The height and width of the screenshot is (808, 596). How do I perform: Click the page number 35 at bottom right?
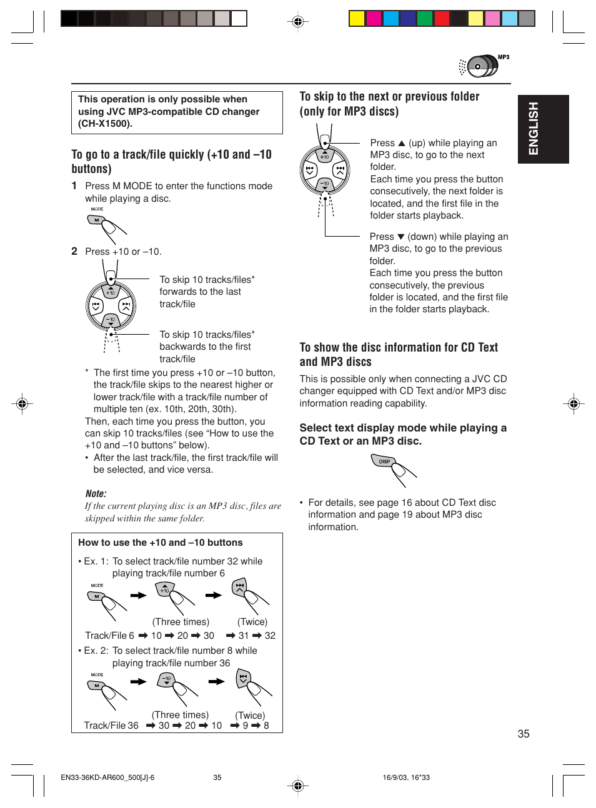[524, 734]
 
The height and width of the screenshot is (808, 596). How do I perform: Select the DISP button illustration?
[384, 461]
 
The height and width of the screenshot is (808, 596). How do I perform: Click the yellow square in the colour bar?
[357, 18]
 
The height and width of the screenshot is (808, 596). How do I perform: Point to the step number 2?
[74, 251]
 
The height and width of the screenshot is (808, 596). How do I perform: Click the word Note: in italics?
[96, 493]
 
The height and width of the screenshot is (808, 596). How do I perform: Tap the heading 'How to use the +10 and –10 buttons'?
[160, 543]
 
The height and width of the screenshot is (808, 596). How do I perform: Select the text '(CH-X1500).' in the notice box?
[105, 124]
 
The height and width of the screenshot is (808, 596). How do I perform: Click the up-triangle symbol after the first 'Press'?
[402, 143]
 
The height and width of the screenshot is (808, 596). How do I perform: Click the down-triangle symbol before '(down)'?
[401, 237]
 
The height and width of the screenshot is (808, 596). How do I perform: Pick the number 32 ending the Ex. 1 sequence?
[270, 636]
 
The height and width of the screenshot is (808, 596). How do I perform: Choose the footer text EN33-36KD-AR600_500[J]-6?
[107, 777]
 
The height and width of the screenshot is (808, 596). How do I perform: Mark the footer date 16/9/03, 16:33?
[406, 777]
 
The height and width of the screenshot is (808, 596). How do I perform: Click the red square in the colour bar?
[442, 18]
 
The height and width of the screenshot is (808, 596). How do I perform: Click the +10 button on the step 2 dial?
[111, 291]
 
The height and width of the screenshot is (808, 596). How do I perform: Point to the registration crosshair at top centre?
[298, 21]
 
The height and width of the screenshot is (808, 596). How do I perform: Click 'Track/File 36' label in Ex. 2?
[111, 726]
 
